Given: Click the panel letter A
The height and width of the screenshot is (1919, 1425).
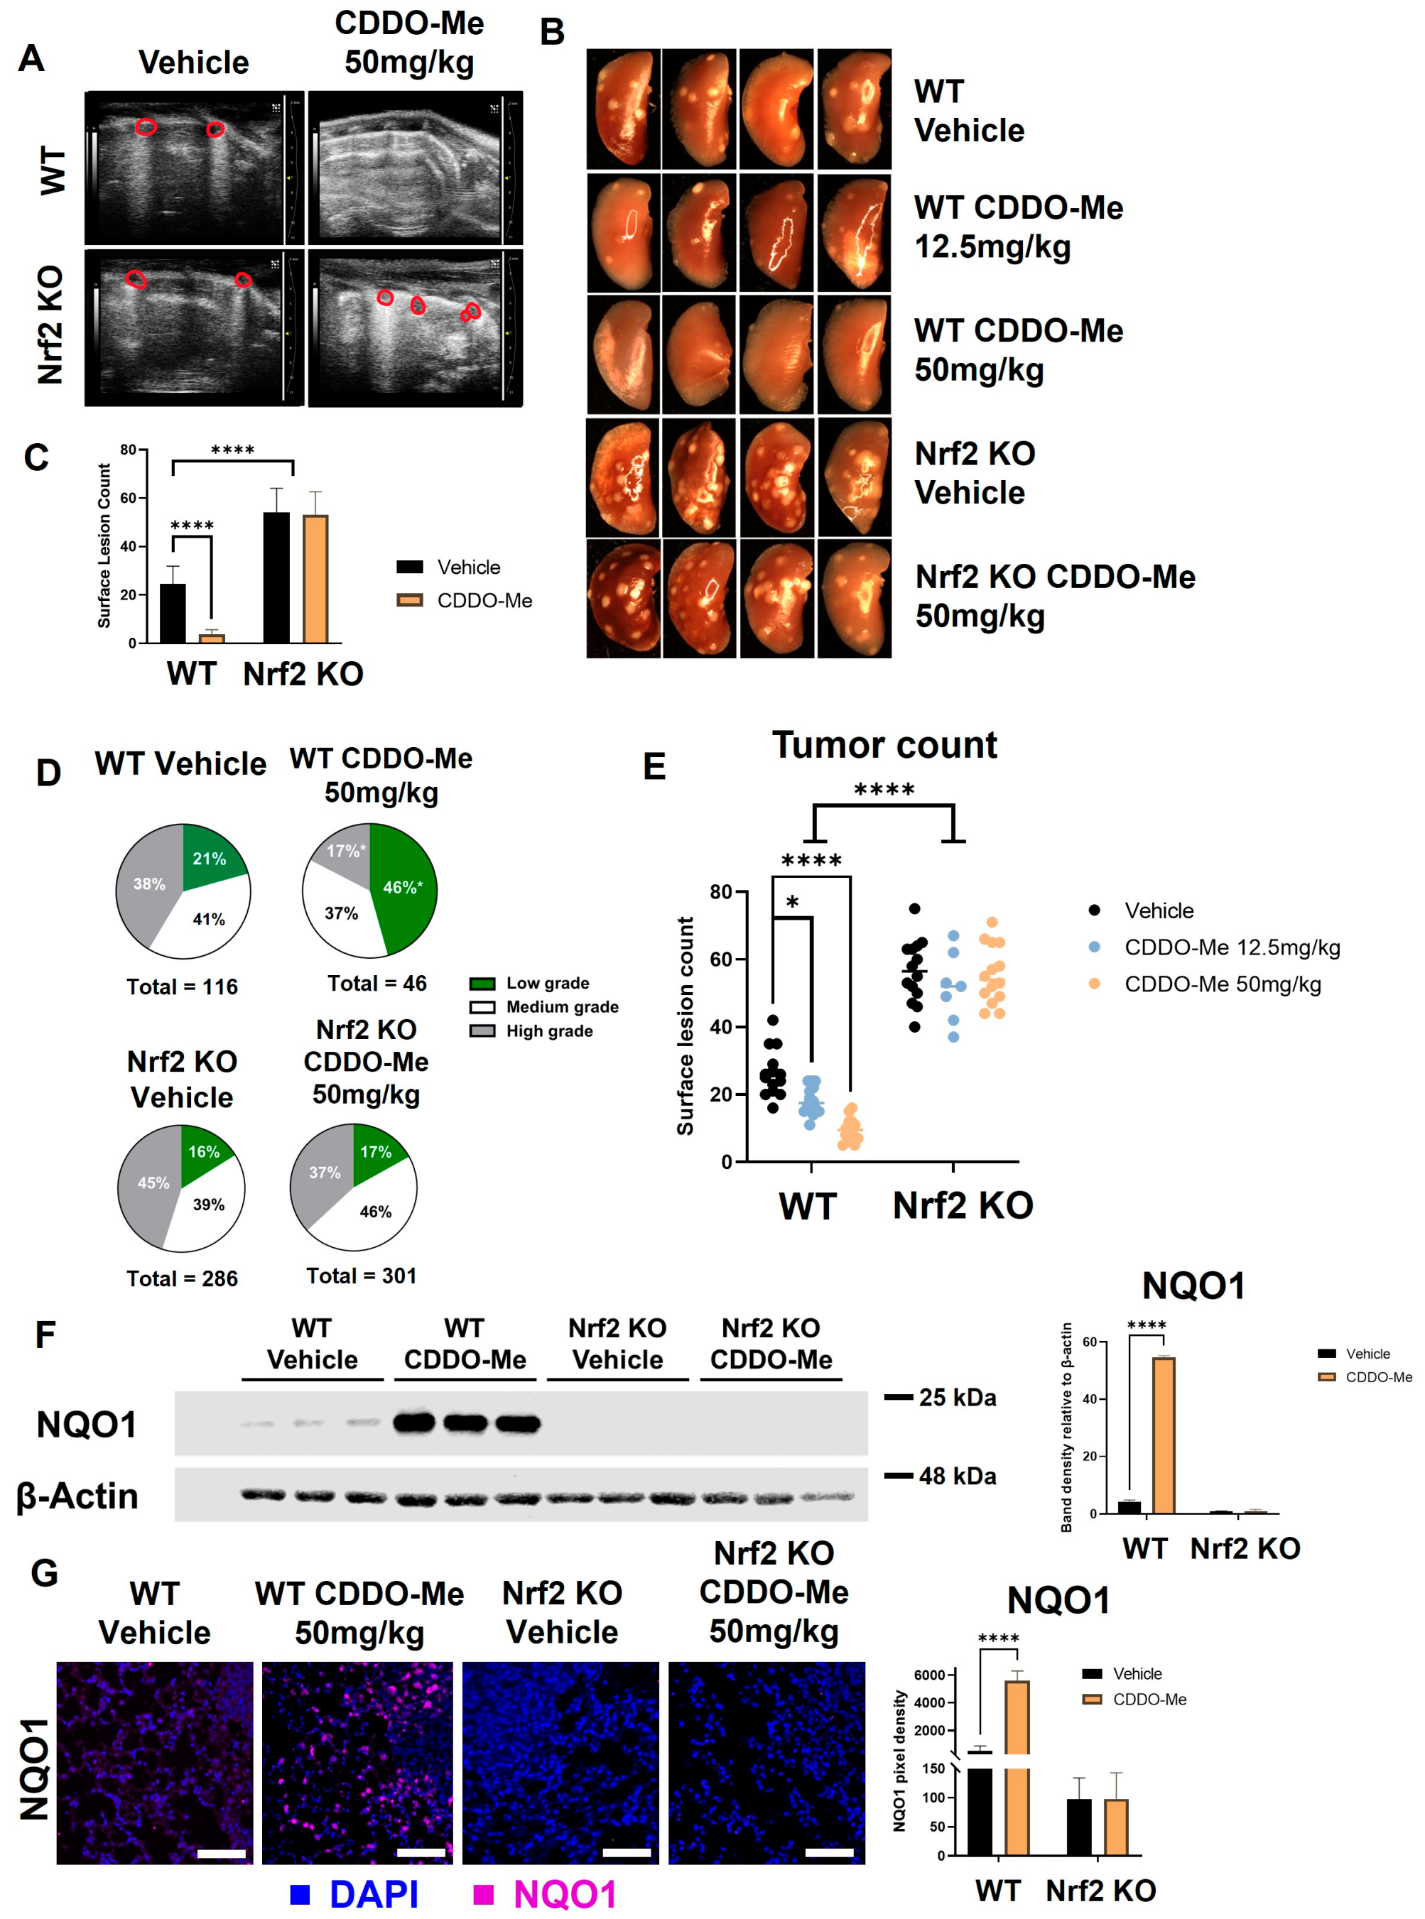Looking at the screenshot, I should coord(31,59).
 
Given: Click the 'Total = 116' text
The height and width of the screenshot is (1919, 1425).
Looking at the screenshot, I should coord(182,986).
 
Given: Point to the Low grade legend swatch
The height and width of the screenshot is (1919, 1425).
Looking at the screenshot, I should coord(482,983).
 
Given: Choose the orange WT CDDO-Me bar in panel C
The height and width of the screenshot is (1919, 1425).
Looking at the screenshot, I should coord(212,638).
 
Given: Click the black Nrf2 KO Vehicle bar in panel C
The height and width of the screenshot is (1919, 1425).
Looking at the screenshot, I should coord(276,578).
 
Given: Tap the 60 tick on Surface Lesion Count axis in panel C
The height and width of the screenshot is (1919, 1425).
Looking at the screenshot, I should coord(129,499).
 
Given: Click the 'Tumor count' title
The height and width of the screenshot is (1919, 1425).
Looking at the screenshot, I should coord(884,745).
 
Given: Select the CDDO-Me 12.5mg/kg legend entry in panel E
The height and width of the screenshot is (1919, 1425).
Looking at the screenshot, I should coord(1216,948).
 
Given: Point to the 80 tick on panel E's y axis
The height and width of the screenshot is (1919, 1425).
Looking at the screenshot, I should coord(720,892).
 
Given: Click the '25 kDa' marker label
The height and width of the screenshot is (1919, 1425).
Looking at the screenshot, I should coord(957,1397).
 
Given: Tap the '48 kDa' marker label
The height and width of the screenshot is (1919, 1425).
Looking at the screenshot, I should coord(957,1476).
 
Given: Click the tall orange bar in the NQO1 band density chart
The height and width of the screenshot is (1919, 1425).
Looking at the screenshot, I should coord(1163,1436).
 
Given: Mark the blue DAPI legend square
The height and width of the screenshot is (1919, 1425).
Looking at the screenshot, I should coord(300,1894).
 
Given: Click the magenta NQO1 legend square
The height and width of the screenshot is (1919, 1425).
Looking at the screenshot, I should coord(484,1894).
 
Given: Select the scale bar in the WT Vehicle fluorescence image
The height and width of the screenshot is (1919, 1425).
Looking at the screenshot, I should coord(221,1852).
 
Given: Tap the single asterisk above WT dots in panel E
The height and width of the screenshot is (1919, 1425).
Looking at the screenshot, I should coord(792,903).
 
